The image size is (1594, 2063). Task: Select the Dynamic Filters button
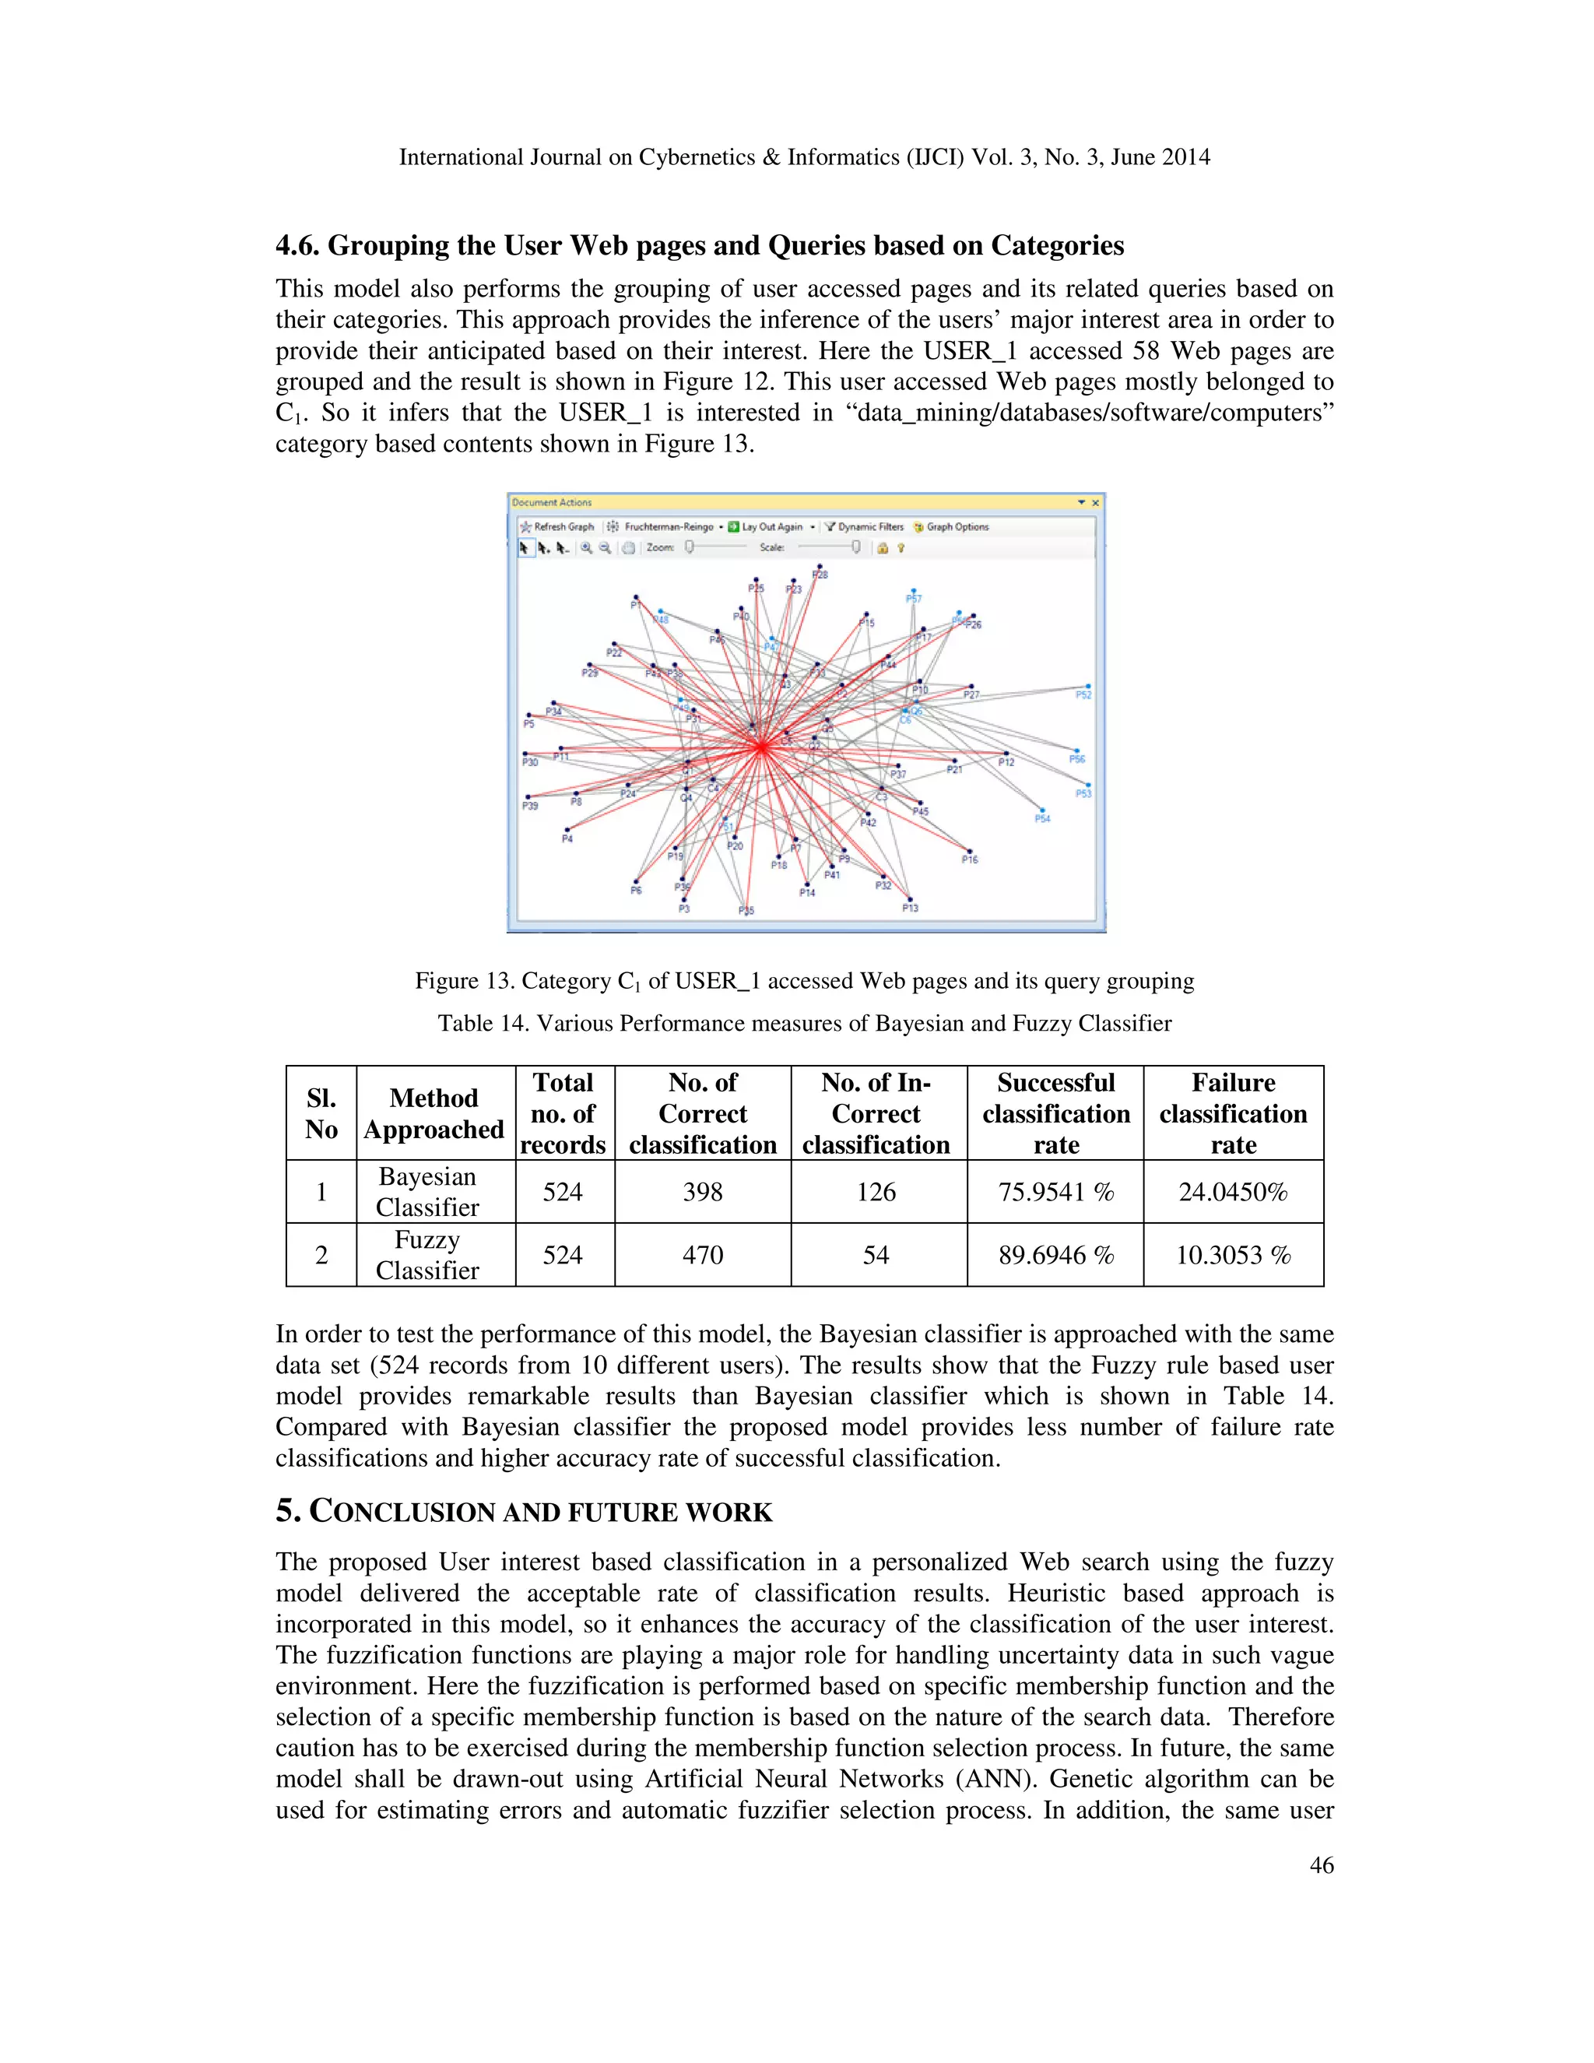pos(864,527)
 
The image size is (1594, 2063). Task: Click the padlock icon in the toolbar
pos(882,548)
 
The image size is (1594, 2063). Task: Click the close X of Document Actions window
pos(1095,503)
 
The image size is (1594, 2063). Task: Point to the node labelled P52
pos(1088,687)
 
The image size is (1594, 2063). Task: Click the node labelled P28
pos(819,567)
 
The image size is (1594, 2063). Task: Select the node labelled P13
pos(909,899)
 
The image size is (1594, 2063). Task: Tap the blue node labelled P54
pos(1041,810)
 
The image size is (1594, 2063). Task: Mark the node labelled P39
pos(528,797)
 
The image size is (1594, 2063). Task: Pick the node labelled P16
pos(969,851)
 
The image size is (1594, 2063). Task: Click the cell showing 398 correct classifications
pos(703,1192)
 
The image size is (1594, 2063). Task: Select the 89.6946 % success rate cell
pos(1055,1256)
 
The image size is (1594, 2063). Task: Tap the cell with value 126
pos(876,1192)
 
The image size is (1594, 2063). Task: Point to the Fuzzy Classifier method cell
pos(428,1256)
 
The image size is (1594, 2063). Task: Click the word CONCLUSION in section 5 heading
pos(404,1513)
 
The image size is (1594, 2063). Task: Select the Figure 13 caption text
pos(803,982)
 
